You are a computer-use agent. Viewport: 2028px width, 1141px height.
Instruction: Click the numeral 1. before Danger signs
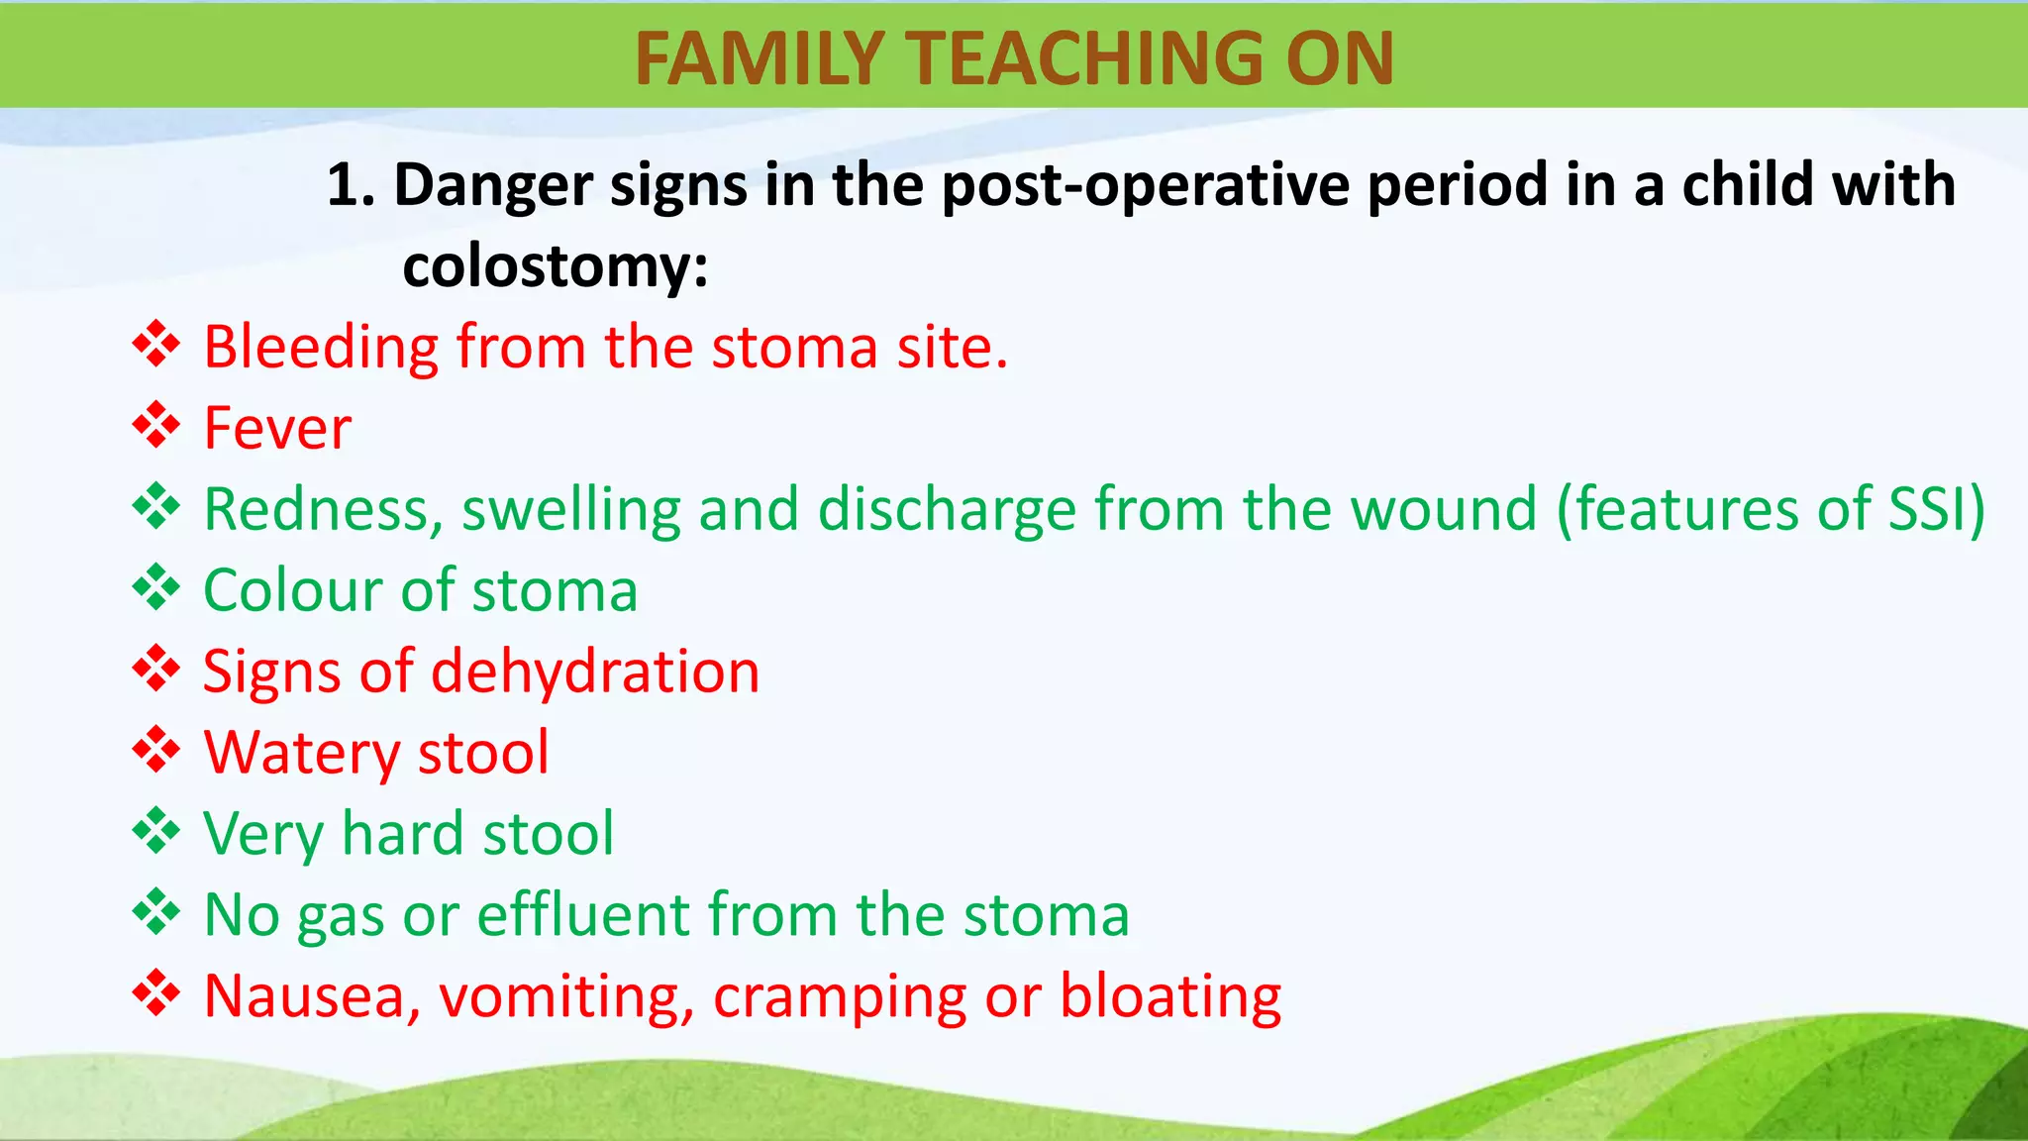point(351,185)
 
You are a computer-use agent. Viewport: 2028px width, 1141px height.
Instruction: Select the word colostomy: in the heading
point(556,266)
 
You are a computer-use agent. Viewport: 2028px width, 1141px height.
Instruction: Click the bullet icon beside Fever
point(156,426)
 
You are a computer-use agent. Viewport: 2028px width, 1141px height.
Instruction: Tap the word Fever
point(277,428)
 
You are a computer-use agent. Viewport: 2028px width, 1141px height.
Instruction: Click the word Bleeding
point(321,349)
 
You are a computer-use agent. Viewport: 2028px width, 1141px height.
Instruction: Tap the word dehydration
point(595,672)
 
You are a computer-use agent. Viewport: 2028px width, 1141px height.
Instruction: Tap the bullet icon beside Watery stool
point(156,750)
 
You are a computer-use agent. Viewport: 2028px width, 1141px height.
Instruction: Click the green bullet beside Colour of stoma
point(156,588)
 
